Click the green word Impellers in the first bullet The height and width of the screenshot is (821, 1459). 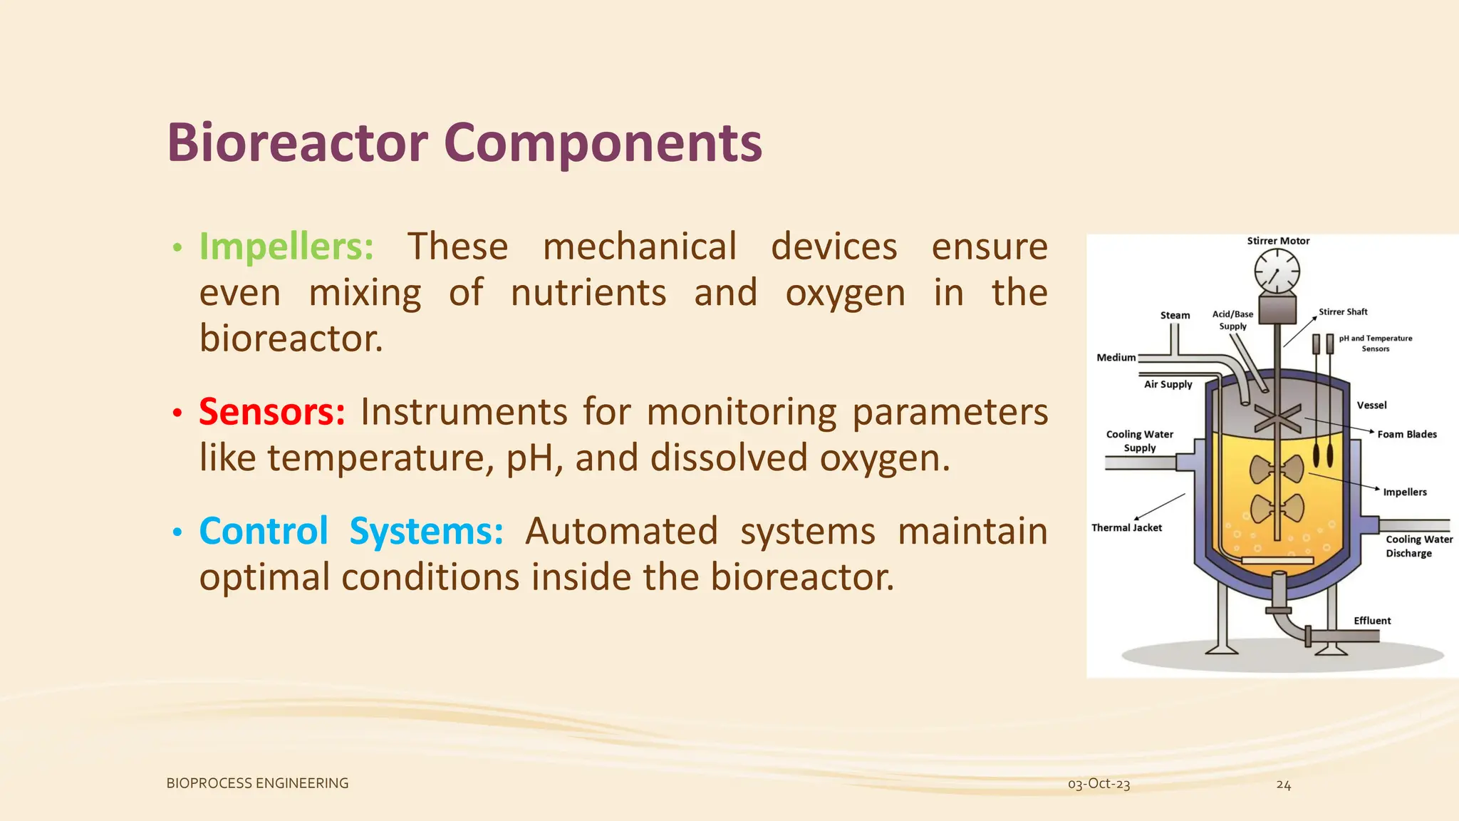[286, 247]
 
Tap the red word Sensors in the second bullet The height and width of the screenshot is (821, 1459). [271, 412]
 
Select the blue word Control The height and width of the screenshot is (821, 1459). [264, 531]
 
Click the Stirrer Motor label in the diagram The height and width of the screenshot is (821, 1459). [1278, 241]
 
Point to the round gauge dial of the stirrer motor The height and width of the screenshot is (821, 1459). [1277, 272]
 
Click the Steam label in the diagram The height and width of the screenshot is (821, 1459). [1175, 315]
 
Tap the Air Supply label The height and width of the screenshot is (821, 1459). [1168, 384]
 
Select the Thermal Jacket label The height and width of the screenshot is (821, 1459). [1126, 528]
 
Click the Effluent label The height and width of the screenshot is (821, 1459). [1372, 621]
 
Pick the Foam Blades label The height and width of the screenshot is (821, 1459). [1406, 434]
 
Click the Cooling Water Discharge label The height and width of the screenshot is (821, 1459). [1418, 546]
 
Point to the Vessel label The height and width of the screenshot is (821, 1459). [1371, 406]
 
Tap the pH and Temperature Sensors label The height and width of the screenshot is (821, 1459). [1375, 344]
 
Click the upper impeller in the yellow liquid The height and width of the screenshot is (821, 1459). [1277, 470]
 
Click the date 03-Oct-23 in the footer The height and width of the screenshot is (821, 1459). [1099, 784]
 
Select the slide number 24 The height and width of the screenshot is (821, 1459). [1283, 785]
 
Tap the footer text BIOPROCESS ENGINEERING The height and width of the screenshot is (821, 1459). [257, 783]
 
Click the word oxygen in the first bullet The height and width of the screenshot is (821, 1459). [845, 294]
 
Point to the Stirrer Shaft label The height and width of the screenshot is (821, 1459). [1342, 311]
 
